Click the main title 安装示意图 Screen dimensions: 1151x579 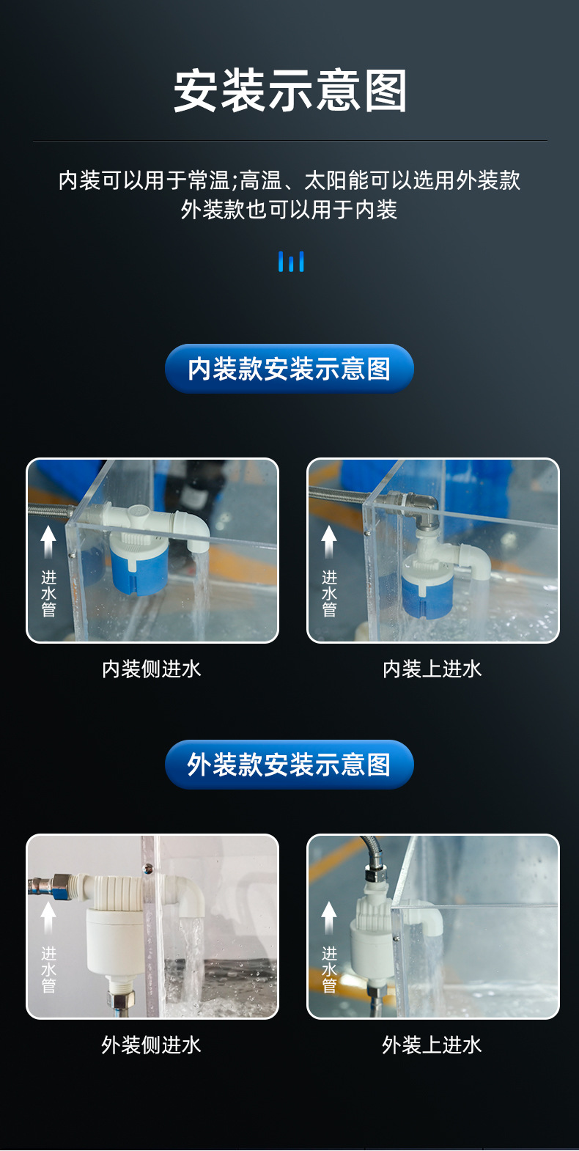[x=289, y=92]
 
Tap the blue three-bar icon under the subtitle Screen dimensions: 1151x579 [x=291, y=262]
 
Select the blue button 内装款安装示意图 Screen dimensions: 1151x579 [x=289, y=369]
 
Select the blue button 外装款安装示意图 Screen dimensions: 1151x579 [x=289, y=765]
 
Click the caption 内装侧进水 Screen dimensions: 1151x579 [x=152, y=669]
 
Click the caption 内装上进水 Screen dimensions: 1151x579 [x=432, y=669]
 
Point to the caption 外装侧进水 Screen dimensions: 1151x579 [x=152, y=1045]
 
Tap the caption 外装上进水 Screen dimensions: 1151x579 [x=432, y=1045]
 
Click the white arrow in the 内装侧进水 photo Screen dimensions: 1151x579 [x=48, y=541]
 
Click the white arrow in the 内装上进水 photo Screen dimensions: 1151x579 [x=329, y=541]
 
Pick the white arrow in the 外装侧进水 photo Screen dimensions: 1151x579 [x=48, y=917]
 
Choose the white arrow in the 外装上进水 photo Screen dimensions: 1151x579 [x=329, y=917]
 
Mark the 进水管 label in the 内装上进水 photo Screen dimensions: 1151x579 [x=329, y=593]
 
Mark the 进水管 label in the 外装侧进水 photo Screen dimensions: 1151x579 [x=48, y=969]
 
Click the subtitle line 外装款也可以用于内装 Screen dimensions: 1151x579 [x=289, y=210]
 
